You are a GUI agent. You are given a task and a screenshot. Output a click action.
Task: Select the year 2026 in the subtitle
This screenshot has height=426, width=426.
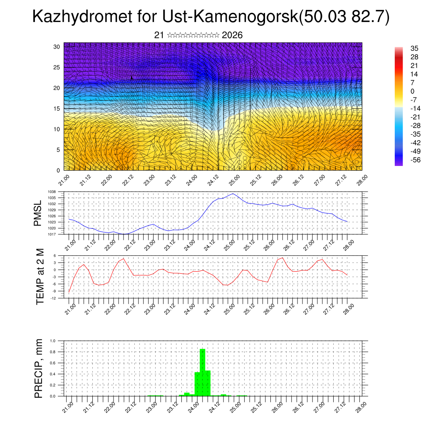tap(232, 35)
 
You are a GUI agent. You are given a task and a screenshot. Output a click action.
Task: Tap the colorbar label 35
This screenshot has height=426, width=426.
tap(414, 48)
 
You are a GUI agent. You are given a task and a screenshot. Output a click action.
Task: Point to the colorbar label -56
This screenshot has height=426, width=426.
tap(414, 160)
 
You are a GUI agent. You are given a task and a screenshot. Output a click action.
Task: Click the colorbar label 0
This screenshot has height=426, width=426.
tap(412, 92)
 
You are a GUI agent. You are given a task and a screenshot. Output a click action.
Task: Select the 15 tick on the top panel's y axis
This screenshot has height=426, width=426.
tap(57, 109)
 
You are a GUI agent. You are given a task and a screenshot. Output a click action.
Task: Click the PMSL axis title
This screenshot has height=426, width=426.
tap(38, 213)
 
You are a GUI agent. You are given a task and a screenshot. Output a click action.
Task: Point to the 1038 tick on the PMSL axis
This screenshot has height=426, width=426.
tap(52, 192)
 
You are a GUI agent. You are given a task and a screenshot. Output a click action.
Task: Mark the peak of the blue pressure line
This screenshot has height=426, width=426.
tap(233, 193)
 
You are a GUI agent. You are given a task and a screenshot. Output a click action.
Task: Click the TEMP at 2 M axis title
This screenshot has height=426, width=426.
tap(40, 277)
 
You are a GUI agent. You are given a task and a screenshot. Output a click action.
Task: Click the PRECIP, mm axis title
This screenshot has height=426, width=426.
tap(39, 368)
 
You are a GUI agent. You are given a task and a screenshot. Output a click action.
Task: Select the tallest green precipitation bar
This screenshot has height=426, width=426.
tap(203, 372)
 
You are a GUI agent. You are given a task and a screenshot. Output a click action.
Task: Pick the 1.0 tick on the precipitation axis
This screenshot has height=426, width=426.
tap(53, 341)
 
